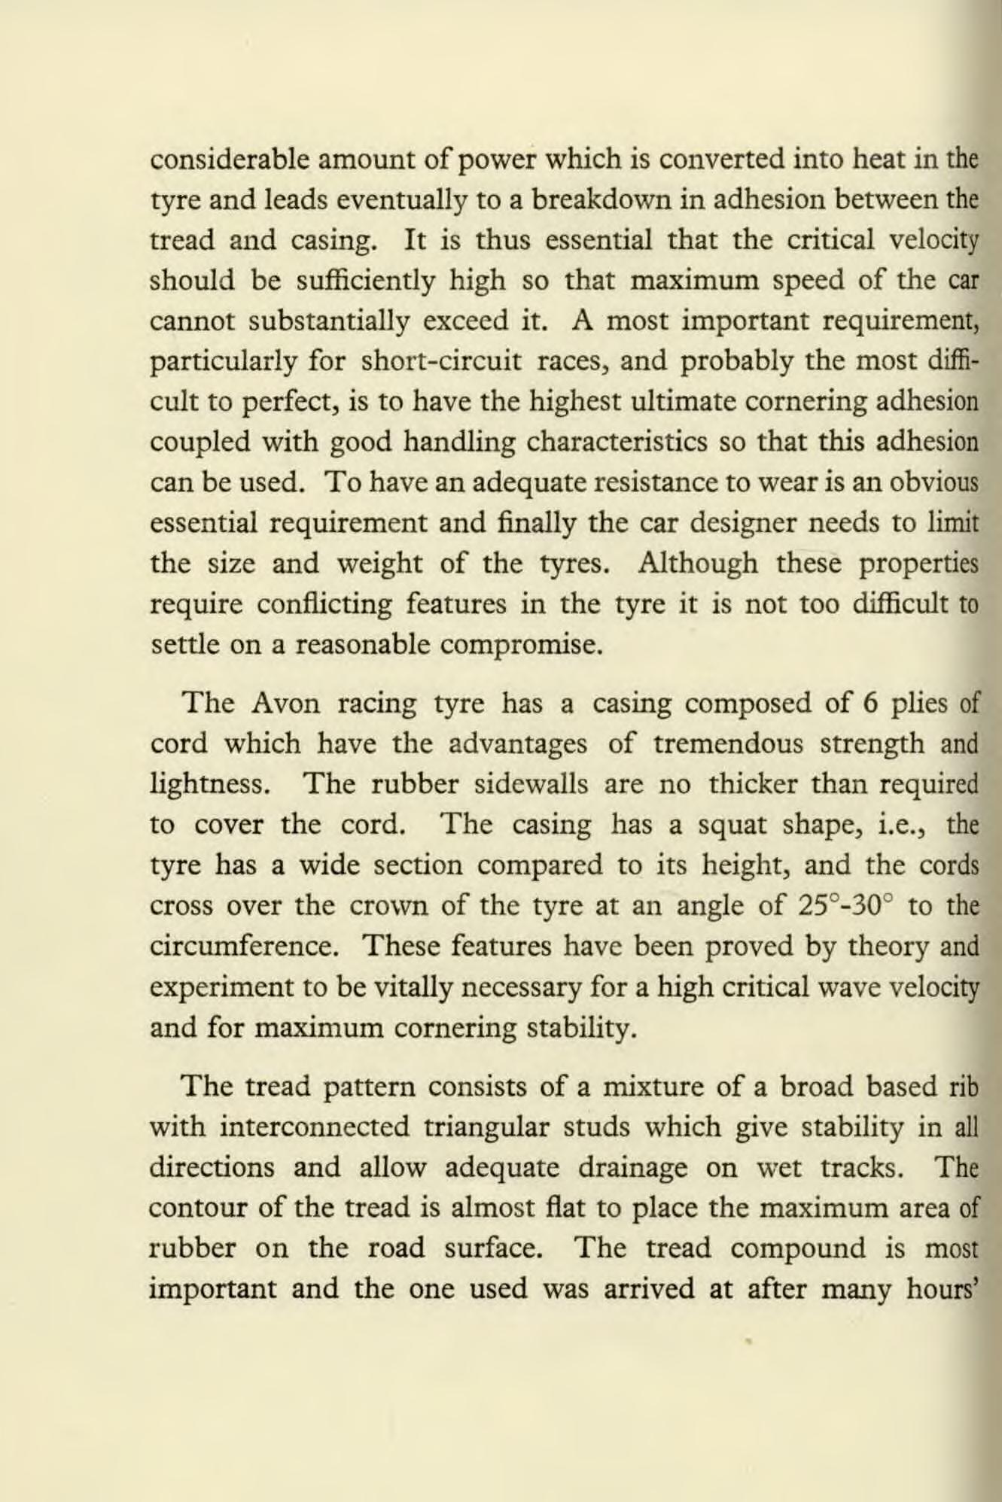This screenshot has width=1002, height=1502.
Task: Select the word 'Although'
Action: click(697, 564)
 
